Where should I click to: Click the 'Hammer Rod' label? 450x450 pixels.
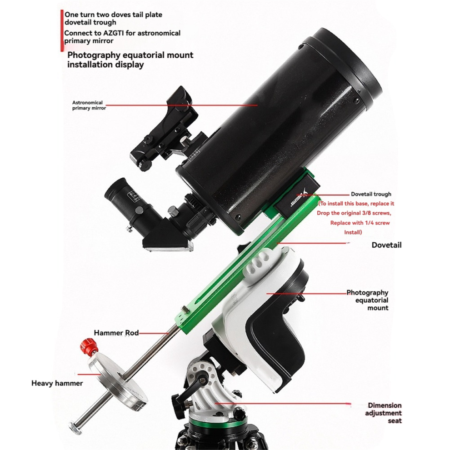pyautogui.click(x=116, y=333)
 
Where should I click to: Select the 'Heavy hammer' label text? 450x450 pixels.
pyautogui.click(x=57, y=383)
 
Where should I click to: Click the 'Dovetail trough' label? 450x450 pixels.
pyautogui.click(x=371, y=194)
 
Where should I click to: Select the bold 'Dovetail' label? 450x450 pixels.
pyautogui.click(x=386, y=245)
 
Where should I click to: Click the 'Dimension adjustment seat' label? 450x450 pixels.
pyautogui.click(x=384, y=413)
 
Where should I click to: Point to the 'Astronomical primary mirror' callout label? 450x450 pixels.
pyautogui.click(x=89, y=105)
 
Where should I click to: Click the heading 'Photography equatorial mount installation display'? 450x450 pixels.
pyautogui.click(x=130, y=60)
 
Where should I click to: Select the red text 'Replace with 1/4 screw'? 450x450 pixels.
pyautogui.click(x=360, y=223)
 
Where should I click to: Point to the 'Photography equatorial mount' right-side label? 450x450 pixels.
pyautogui.click(x=367, y=300)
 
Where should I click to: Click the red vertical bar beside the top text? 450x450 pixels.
pyautogui.click(x=62, y=31)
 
